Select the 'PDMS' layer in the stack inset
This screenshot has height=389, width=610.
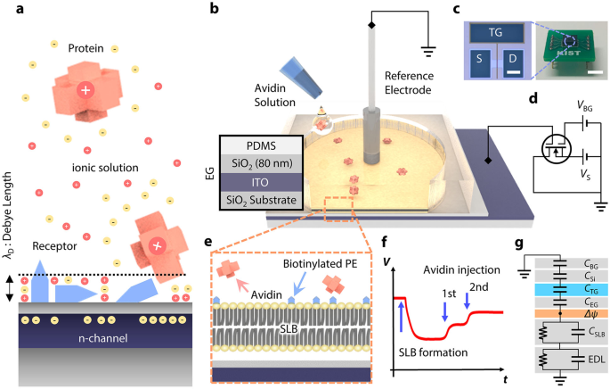coord(260,147)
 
